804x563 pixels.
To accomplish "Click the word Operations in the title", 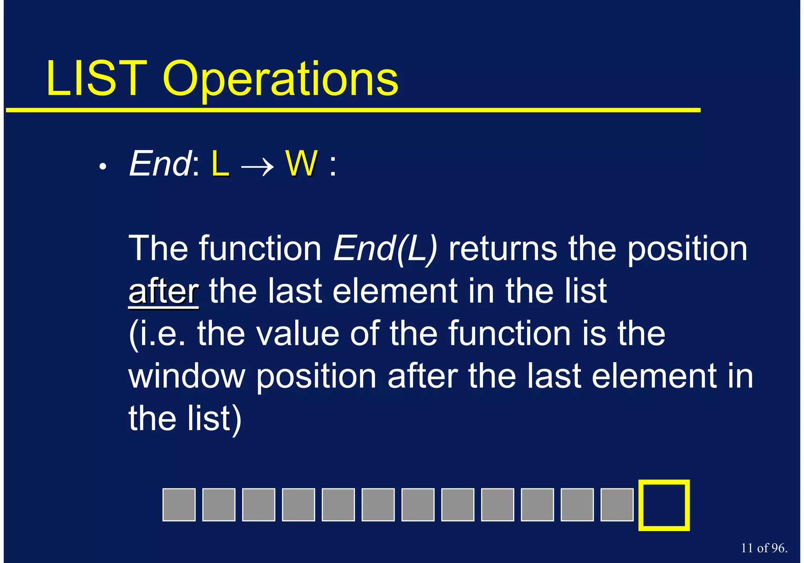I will tap(280, 81).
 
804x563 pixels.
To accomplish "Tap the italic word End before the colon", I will tap(159, 164).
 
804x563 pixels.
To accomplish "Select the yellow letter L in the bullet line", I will tap(220, 164).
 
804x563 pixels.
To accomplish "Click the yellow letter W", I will tap(301, 164).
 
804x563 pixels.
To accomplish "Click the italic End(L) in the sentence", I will tap(385, 249).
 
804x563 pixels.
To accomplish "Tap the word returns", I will tap(502, 249).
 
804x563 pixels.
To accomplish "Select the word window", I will tap(186, 376).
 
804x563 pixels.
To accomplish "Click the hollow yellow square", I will tap(664, 505).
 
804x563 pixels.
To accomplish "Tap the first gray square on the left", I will tap(179, 505).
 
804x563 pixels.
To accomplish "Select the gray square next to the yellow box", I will tap(617, 505).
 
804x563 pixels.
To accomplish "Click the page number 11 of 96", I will tap(764, 548).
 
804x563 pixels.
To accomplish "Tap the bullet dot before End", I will tap(103, 167).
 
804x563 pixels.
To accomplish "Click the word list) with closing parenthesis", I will tap(214, 419).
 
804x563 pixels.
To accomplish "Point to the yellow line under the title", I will tap(353, 110).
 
